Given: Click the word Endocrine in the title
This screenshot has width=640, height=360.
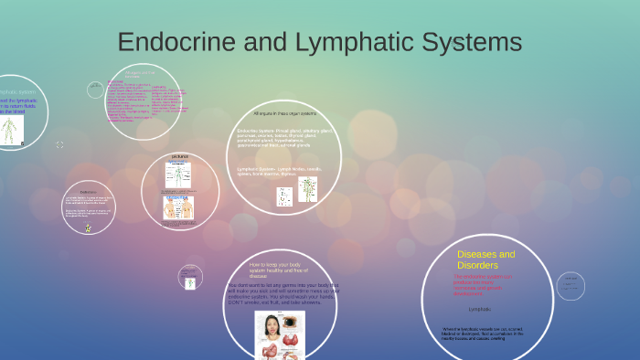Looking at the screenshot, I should (170, 43).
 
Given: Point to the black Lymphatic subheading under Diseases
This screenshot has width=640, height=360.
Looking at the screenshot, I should (480, 309).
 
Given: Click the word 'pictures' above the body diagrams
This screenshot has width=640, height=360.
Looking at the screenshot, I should (179, 156).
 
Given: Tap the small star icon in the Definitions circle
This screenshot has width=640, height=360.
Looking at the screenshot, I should (88, 228).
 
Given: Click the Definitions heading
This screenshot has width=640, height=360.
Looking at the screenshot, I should (88, 192).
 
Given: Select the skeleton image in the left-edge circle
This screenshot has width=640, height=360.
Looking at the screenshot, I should (10, 129).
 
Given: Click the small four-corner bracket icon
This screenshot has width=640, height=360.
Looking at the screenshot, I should (60, 144).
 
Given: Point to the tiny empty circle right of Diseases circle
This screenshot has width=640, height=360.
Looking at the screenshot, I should (571, 286).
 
